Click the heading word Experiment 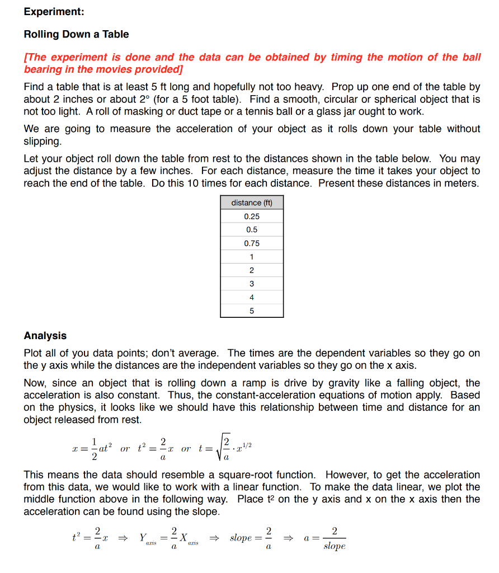pos(54,12)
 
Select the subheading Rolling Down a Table pos(76,34)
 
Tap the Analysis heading pos(45,336)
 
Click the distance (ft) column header pos(252,203)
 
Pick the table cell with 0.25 pos(252,216)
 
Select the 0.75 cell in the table pos(252,243)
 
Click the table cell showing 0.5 pos(252,229)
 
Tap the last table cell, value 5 pos(252,311)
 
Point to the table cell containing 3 pos(252,284)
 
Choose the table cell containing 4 pos(252,297)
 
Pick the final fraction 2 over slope pos(334,539)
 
